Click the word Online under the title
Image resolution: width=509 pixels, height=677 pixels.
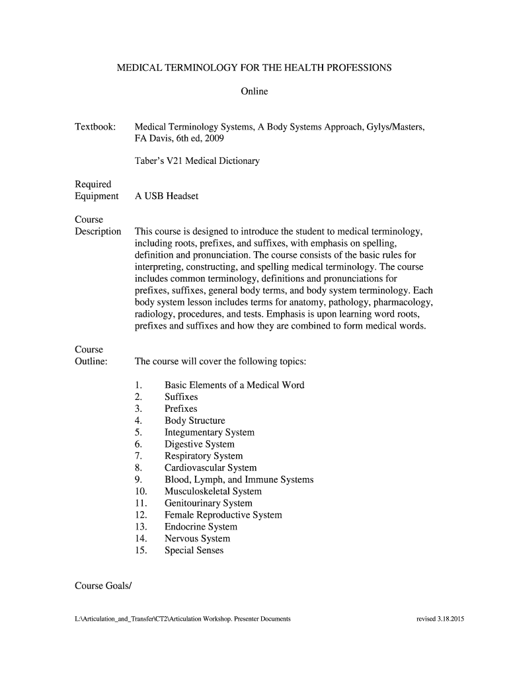coord(255,91)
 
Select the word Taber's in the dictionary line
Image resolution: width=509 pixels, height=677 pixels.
coord(149,161)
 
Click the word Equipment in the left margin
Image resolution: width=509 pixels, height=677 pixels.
coord(97,196)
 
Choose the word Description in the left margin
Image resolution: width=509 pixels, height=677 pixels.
coord(98,231)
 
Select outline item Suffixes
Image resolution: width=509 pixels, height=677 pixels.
coord(181,397)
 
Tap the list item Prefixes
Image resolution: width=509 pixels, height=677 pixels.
coord(180,409)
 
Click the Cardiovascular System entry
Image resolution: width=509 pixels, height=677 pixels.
coord(210,468)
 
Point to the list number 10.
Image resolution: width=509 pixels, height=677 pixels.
coord(140,492)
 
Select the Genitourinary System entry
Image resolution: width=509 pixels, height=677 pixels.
coord(208,504)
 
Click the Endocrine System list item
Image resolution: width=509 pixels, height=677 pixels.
coord(200,527)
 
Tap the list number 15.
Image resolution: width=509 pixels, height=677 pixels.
coord(140,551)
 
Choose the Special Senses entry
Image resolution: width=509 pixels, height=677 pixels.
coord(194,551)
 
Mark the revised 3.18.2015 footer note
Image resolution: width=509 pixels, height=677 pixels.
coord(440,619)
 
